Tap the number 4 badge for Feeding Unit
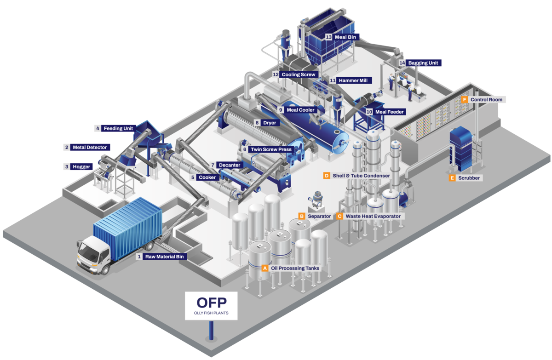(97, 128)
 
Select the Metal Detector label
(89, 148)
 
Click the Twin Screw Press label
(271, 149)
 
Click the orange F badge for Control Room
(465, 99)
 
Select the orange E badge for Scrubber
(452, 177)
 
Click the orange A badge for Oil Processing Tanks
(264, 268)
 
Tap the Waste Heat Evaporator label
(373, 216)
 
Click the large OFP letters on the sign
(211, 303)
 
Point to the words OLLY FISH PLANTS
(211, 314)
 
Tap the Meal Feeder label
(389, 112)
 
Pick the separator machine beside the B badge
(316, 200)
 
